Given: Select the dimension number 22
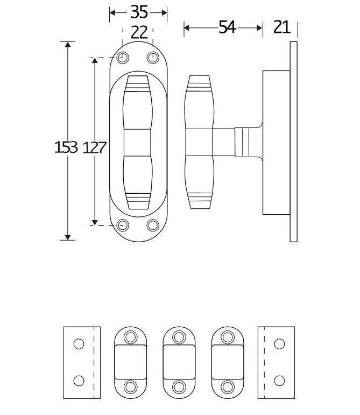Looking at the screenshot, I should coord(139,33).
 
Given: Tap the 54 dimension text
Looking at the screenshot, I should coord(227,27).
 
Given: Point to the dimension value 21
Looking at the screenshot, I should coord(282,27).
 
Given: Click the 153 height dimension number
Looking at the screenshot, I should coord(66,147).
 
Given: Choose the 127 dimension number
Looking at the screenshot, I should coord(95,147).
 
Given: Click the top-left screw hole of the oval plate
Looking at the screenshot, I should coord(123,58).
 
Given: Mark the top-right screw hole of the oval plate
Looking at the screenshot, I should coord(154,58).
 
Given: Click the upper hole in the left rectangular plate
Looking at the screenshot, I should coord(79,344).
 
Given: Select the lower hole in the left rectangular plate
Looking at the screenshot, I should coord(79,381).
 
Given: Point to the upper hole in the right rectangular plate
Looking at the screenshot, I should coord(279,344).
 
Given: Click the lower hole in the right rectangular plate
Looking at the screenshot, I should coord(279,381).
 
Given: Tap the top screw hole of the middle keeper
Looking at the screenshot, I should coord(179,337).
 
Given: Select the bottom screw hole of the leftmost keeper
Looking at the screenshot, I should coord(131,386).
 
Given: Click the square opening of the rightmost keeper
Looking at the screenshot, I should coord(228,362).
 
